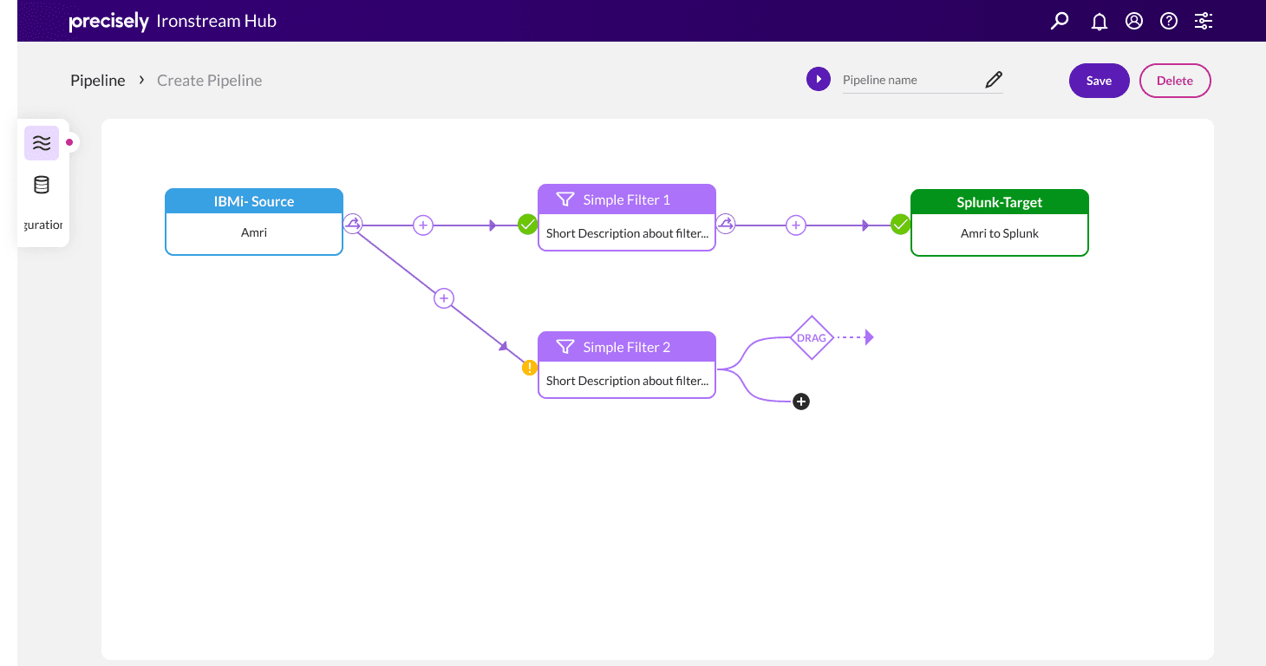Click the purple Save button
tap(1099, 81)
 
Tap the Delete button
tap(1174, 81)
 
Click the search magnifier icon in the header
tap(1060, 21)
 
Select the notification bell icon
tap(1099, 22)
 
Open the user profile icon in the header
tap(1133, 21)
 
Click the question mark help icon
tap(1169, 21)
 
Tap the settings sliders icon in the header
tap(1204, 21)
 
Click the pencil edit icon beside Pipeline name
tap(994, 80)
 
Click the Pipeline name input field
tap(910, 80)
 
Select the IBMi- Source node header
tap(254, 201)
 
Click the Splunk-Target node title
tap(999, 202)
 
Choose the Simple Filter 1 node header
tap(627, 199)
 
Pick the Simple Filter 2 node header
tap(627, 347)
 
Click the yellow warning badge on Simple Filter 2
tap(530, 368)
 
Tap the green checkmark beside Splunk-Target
tap(900, 225)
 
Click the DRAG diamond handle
tap(812, 337)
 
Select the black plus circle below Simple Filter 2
tap(801, 402)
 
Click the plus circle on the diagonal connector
tap(444, 298)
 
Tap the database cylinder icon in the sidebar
tap(42, 185)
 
